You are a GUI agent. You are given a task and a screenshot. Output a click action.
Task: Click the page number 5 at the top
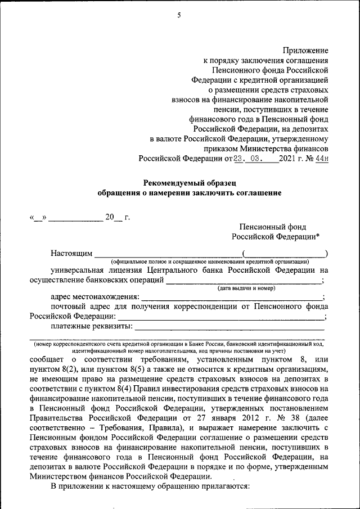[x=179, y=15]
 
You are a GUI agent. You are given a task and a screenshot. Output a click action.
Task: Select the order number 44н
[x=321, y=159]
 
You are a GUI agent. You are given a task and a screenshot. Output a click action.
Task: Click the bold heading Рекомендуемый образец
[x=189, y=182]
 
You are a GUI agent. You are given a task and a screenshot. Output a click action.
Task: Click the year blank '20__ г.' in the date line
[x=117, y=218]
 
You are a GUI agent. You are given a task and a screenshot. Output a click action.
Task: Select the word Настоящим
[x=71, y=254]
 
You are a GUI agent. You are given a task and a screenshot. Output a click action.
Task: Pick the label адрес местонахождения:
[x=94, y=297]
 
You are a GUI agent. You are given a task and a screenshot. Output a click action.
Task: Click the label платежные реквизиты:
[x=91, y=326]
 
